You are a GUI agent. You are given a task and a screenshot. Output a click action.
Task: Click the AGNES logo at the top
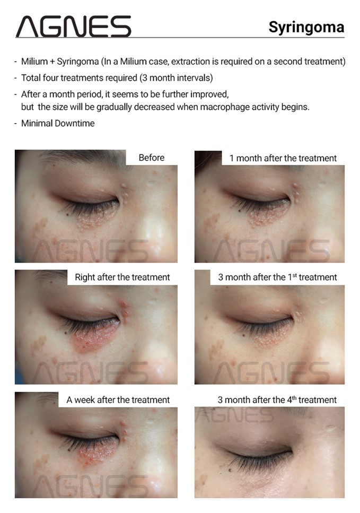73,26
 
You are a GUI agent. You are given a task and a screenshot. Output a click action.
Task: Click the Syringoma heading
306,28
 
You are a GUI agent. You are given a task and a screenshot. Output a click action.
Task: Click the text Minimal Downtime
58,123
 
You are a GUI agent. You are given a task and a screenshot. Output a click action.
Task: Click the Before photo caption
152,158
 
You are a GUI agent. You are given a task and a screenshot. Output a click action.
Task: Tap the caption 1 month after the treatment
283,158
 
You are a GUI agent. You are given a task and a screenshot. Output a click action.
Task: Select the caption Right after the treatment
122,277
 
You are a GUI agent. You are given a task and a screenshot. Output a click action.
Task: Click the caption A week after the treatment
118,400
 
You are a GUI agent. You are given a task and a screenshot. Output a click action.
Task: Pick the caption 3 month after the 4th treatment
277,400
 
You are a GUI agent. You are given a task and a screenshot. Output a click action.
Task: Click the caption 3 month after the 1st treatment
277,277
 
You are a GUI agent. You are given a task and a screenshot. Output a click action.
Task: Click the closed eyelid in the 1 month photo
258,190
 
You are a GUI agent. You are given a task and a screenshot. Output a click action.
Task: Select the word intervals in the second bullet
195,78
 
